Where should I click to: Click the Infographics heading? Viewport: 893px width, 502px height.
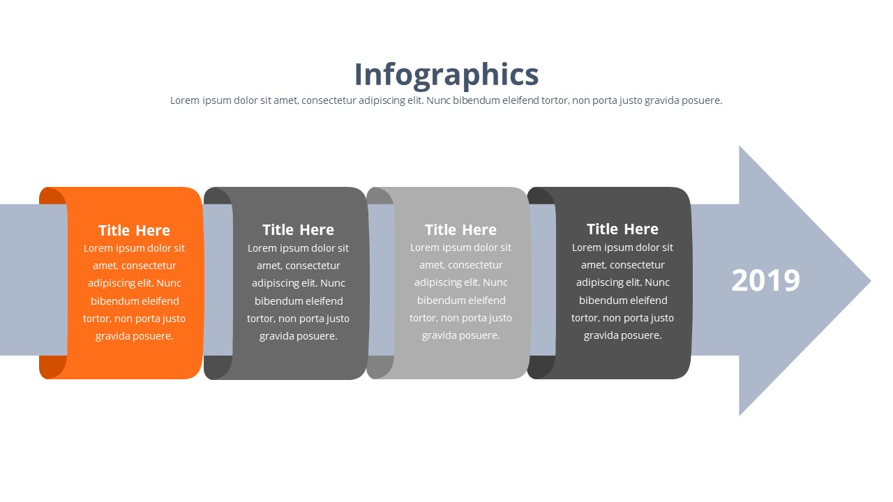pos(446,75)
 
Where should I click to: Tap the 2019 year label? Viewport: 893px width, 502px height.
pos(765,280)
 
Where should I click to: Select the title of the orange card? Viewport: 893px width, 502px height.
pos(134,230)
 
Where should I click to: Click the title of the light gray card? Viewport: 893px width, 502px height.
pos(460,229)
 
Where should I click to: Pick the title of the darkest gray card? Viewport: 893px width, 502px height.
pos(622,229)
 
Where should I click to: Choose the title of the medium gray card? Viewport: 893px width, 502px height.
pos(298,229)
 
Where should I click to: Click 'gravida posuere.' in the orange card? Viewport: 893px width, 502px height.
pos(134,336)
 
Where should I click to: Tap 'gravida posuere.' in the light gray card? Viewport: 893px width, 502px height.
pos(460,335)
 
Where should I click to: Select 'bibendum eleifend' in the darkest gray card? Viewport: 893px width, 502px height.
pos(623,301)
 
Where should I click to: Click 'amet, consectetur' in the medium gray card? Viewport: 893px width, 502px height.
pos(299,266)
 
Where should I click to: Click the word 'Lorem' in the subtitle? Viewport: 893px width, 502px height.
pos(185,100)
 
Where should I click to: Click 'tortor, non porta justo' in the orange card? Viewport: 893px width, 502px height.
pos(134,319)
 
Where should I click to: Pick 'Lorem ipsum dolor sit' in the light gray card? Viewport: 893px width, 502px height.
pos(460,248)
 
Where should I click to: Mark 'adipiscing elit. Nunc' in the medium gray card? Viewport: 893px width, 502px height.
pos(299,283)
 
